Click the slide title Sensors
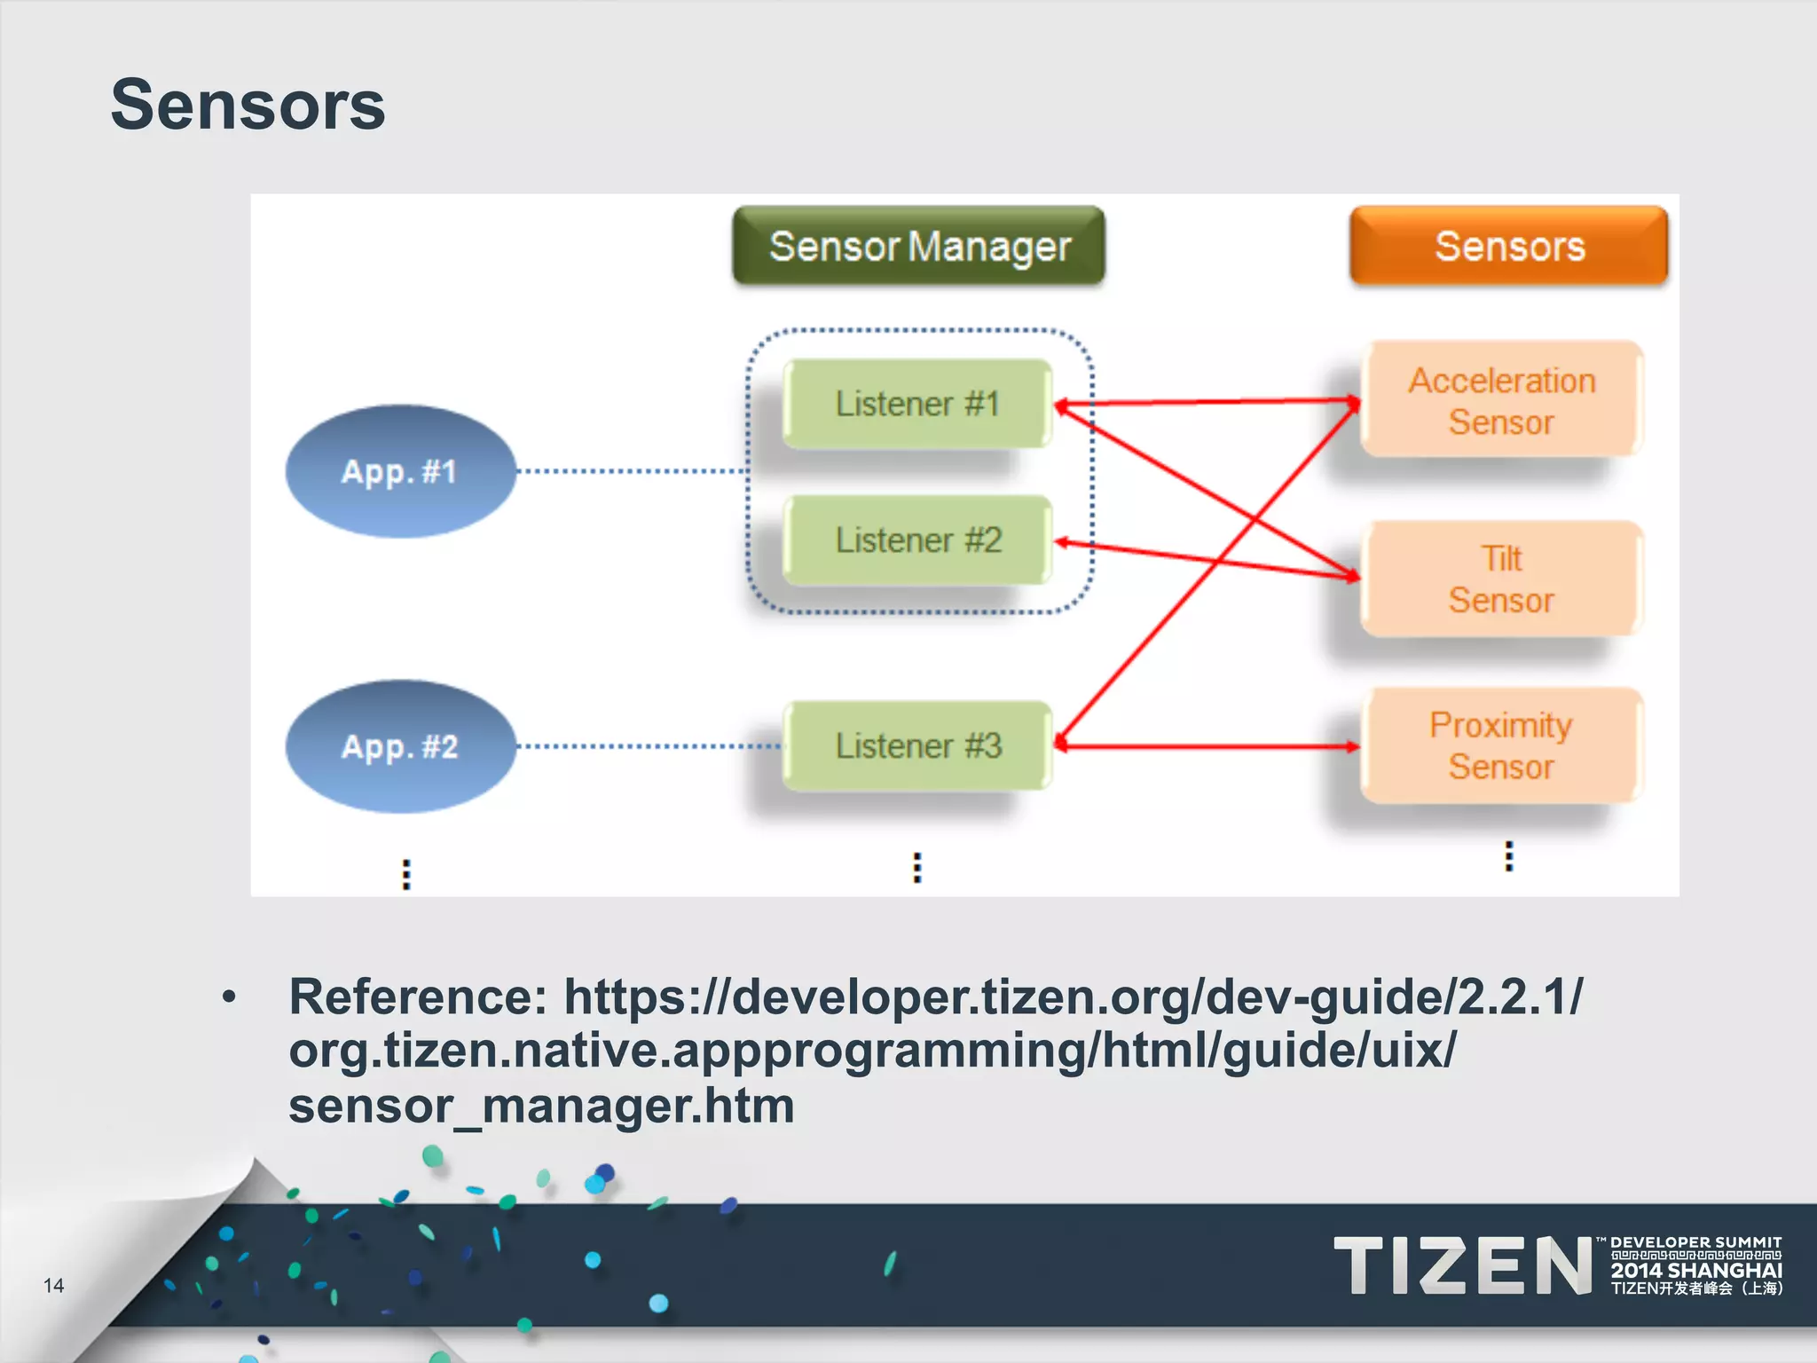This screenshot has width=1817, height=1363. click(x=248, y=105)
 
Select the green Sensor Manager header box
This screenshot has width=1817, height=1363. click(x=919, y=246)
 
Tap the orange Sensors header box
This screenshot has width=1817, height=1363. click(x=1508, y=246)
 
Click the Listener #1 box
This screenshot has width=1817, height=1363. click(x=917, y=404)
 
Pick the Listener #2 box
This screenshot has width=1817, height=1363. click(x=917, y=540)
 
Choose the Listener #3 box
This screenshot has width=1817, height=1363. click(x=917, y=745)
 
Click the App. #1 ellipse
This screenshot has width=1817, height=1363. click(x=399, y=471)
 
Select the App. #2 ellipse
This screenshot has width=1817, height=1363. click(x=399, y=746)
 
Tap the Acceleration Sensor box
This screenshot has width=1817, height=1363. click(x=1501, y=400)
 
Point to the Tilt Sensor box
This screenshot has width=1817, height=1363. click(x=1501, y=579)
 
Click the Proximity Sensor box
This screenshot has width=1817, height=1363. click(x=1501, y=745)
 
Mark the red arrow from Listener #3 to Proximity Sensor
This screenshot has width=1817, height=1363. click(x=1207, y=746)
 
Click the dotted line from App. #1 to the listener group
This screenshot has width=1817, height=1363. click(x=630, y=471)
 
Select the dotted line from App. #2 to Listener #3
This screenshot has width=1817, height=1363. click(x=648, y=746)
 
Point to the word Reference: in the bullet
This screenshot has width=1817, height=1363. click(x=418, y=997)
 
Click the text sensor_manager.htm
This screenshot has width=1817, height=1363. click(x=541, y=1106)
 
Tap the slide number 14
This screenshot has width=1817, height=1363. click(x=53, y=1285)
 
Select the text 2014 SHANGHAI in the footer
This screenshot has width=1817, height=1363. click(x=1696, y=1270)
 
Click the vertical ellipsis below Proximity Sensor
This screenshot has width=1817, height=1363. click(x=1508, y=856)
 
